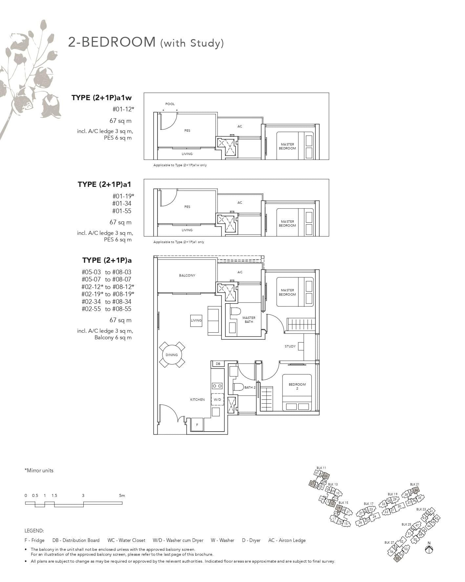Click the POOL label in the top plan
click(x=170, y=104)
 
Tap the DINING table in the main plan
click(x=172, y=355)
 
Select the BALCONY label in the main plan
click(x=187, y=275)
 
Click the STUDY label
click(x=290, y=346)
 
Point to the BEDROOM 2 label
click(x=297, y=386)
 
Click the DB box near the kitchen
click(x=218, y=364)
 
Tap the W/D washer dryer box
click(x=217, y=400)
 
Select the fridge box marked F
click(x=197, y=425)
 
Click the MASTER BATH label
click(x=249, y=320)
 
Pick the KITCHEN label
click(x=198, y=400)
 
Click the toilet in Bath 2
click(x=238, y=387)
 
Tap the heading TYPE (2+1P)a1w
click(x=101, y=98)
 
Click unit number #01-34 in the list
click(x=122, y=204)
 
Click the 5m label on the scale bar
click(x=122, y=496)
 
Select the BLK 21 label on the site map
click(x=414, y=484)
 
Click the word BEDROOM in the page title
click(x=120, y=42)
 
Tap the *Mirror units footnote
click(x=39, y=470)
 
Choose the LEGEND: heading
click(x=34, y=531)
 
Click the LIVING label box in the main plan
click(x=196, y=320)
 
